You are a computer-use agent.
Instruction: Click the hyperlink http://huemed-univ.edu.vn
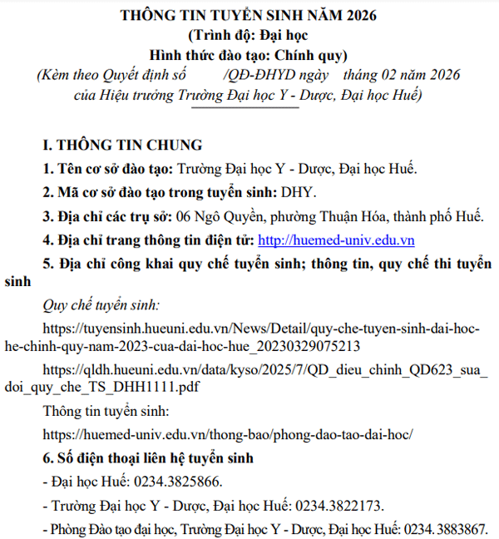(337, 241)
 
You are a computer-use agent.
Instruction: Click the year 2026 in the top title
(356, 16)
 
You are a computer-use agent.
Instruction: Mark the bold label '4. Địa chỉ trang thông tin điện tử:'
(149, 241)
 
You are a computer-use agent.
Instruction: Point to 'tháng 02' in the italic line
(381, 75)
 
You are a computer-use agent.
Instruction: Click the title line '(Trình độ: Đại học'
(249, 36)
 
